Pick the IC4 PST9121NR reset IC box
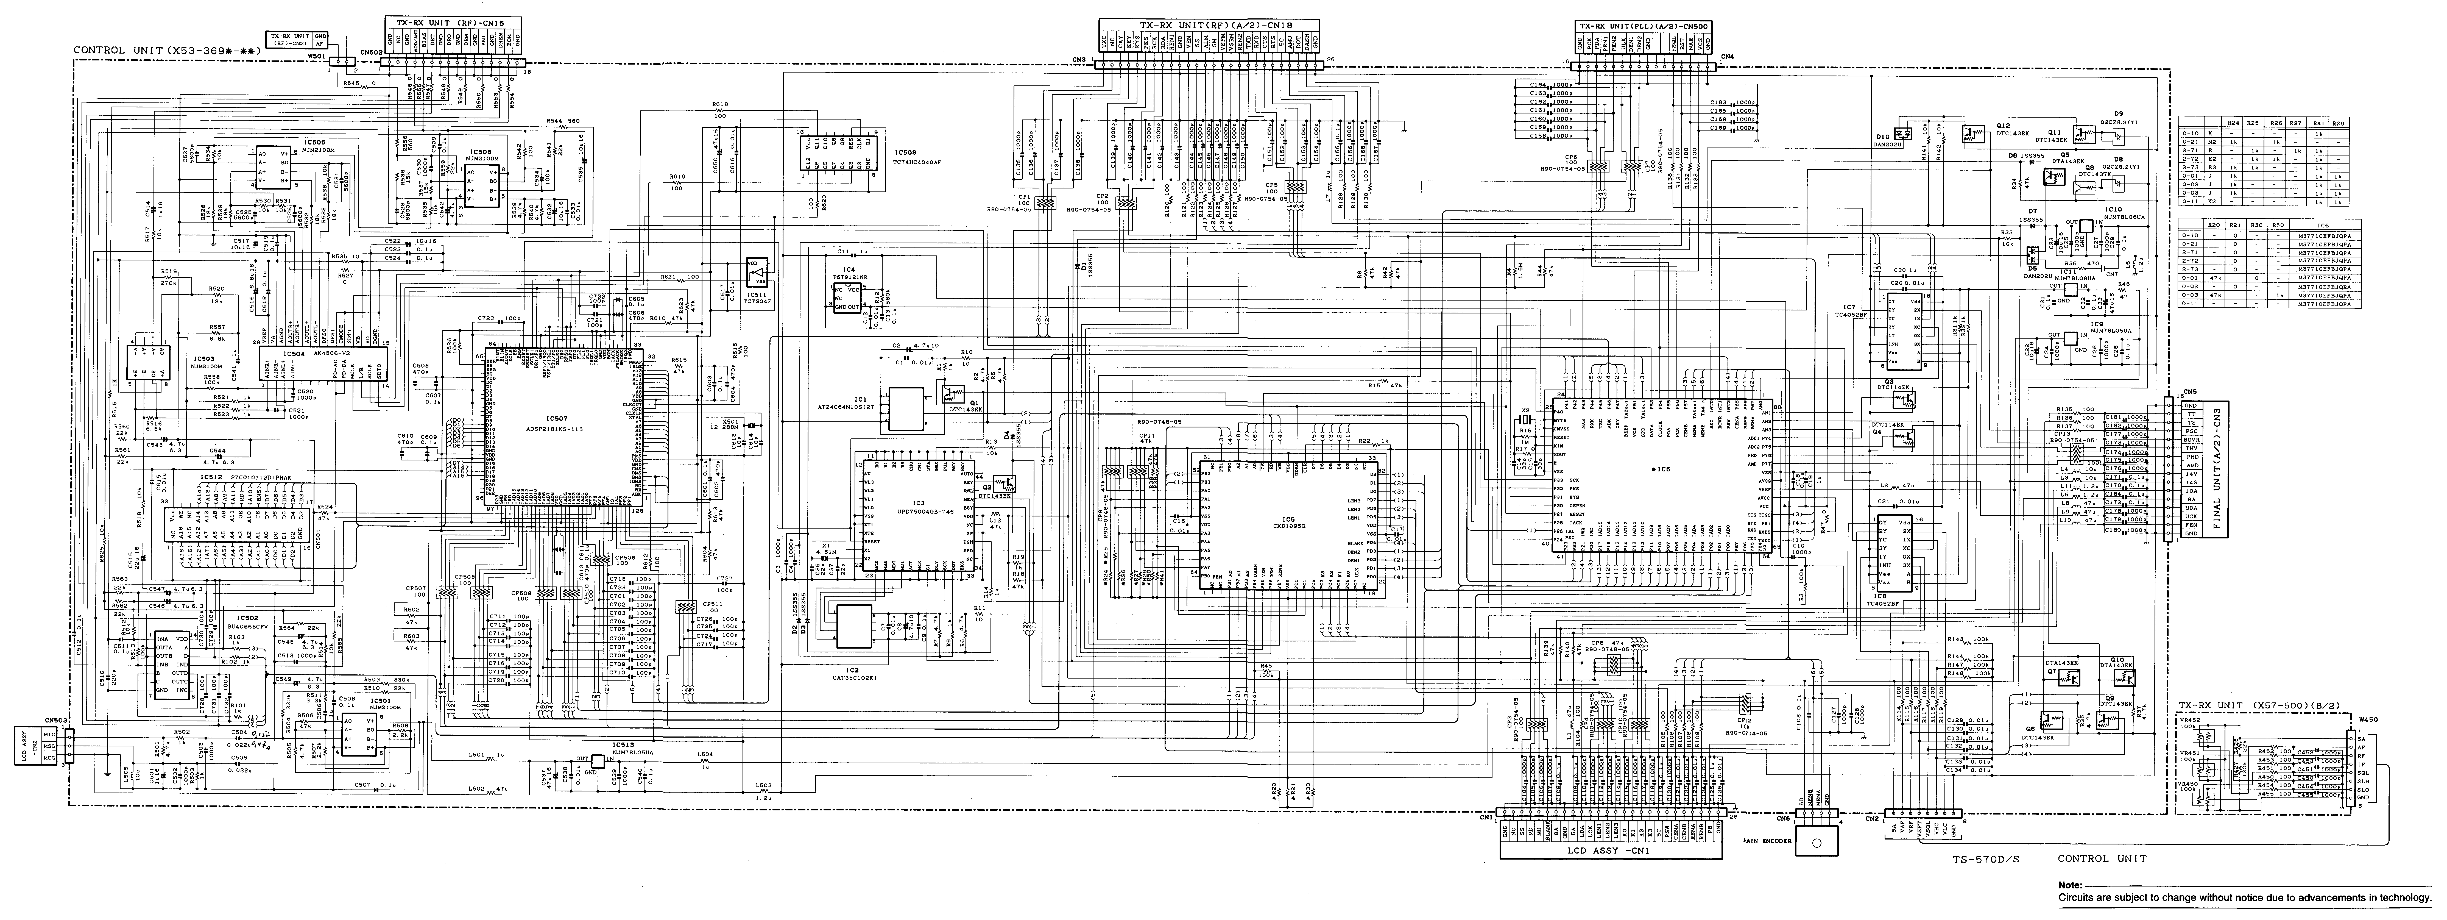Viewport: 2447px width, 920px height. [847, 296]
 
